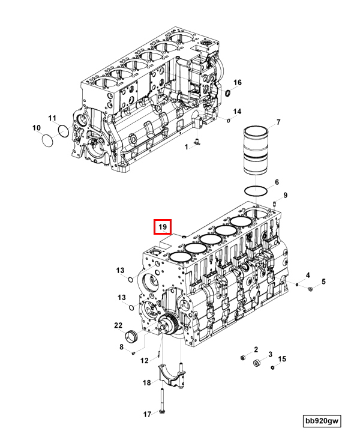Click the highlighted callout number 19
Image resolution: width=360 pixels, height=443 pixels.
163,228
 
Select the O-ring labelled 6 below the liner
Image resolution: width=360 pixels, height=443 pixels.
257,191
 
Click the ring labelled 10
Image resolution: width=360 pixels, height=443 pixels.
47,140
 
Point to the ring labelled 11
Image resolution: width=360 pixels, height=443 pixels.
62,131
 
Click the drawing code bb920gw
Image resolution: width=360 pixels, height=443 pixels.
321,422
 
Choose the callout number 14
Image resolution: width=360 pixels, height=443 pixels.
237,112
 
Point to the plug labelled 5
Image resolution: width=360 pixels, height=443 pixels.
310,289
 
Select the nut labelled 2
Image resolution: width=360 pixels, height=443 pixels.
243,358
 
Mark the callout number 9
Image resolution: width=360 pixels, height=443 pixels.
285,195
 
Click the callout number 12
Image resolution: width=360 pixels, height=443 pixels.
145,360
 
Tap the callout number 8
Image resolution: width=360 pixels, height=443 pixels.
121,346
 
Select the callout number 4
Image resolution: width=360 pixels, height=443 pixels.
308,275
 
